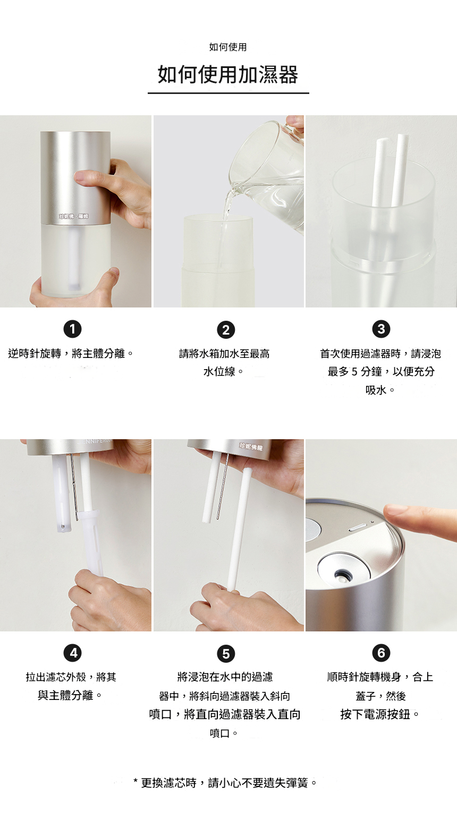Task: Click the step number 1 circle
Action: click(x=73, y=329)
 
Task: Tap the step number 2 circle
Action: click(x=226, y=330)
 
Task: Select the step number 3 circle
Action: click(x=381, y=329)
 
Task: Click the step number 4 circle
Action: click(x=73, y=653)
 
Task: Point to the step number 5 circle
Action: click(x=226, y=654)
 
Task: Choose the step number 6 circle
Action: click(x=381, y=653)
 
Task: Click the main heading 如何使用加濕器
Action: click(x=228, y=74)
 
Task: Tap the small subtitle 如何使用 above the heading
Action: click(x=228, y=47)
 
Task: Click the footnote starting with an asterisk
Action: click(x=225, y=783)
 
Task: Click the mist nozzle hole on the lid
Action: click(x=340, y=574)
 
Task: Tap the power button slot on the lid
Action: click(x=358, y=529)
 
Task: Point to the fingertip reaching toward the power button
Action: click(x=391, y=511)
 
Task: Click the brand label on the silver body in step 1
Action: click(x=73, y=216)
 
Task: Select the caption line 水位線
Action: click(x=223, y=372)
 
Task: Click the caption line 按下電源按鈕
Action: click(x=379, y=715)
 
